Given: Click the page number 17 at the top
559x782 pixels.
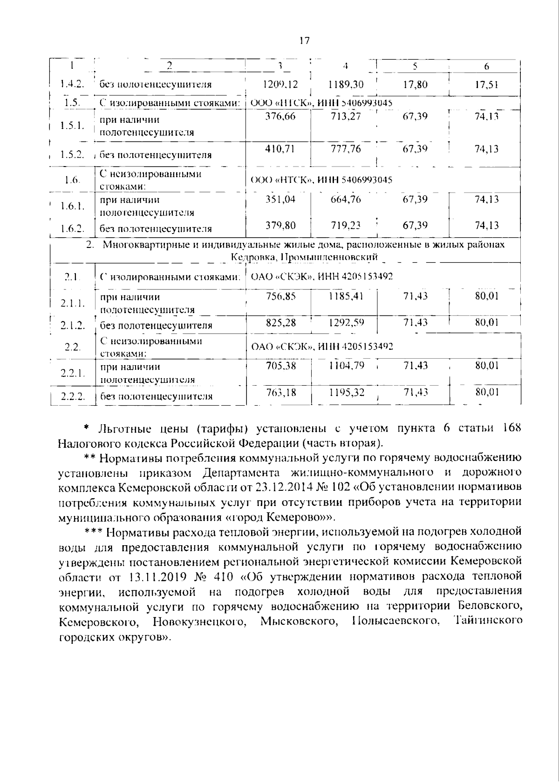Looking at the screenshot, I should pyautogui.click(x=304, y=40).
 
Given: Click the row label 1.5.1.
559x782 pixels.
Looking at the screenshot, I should pyautogui.click(x=72, y=126).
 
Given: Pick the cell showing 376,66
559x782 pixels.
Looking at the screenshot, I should pyautogui.click(x=280, y=116).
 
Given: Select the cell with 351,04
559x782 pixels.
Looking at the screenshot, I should pyautogui.click(x=280, y=200).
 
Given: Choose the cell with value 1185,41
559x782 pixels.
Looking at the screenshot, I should pyautogui.click(x=346, y=296).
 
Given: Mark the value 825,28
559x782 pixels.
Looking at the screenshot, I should pyautogui.click(x=280, y=322).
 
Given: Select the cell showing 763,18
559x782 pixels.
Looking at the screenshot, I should pyautogui.click(x=280, y=393).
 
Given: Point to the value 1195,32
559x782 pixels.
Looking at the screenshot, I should pyautogui.click(x=346, y=393).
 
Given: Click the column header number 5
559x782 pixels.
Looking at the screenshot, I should pyautogui.click(x=415, y=67).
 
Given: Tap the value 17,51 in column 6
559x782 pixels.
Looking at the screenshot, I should pyautogui.click(x=486, y=84).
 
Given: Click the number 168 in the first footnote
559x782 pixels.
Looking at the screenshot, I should pyautogui.click(x=511, y=428).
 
